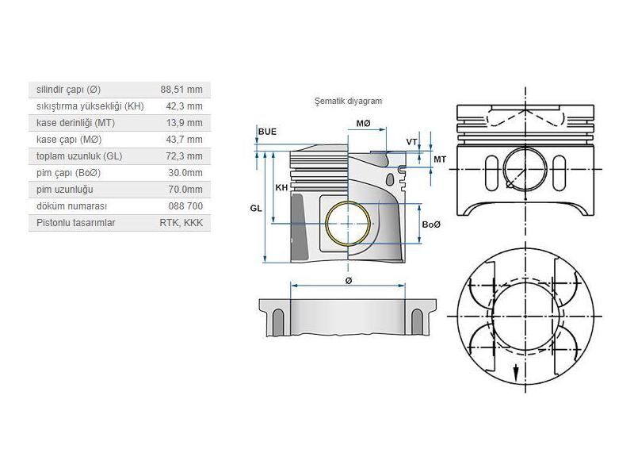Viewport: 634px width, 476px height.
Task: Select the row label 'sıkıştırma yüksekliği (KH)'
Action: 90,106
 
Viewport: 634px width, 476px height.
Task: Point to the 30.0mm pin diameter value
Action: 186,173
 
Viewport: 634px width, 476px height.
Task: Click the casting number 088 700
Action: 186,206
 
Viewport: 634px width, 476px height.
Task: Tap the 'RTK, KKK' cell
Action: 181,223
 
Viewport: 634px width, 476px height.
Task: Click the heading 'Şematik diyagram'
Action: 349,102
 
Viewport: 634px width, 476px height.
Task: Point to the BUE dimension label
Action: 267,131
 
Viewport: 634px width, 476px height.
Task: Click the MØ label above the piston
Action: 364,124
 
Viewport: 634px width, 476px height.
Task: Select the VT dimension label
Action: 412,142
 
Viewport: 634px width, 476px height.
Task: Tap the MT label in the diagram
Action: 440,159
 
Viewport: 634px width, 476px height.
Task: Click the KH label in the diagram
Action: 281,188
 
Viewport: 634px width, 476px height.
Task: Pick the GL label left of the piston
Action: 256,206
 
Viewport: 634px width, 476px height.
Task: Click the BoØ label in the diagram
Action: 431,225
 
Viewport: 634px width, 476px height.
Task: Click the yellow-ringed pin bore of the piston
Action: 348,223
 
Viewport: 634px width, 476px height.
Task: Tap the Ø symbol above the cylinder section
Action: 349,281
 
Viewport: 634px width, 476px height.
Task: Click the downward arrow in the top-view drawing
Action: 516,371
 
